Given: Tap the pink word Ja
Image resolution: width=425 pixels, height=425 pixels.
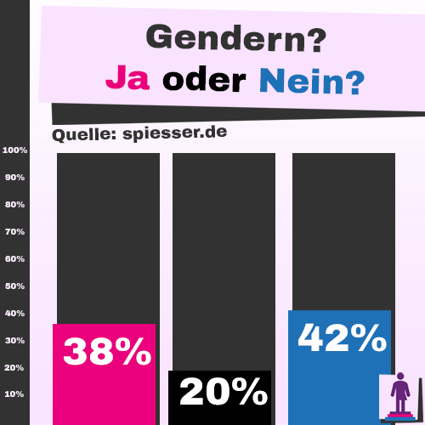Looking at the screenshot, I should [127, 80].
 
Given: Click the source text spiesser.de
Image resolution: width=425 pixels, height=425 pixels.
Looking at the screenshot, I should [169, 134].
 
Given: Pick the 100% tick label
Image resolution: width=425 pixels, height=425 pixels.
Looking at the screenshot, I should [15, 150].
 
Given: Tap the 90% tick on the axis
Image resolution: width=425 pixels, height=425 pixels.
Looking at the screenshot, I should [15, 178].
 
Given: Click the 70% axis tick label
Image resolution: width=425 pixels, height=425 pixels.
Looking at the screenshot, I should [15, 231].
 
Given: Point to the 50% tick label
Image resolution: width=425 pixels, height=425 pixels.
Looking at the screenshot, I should [15, 286].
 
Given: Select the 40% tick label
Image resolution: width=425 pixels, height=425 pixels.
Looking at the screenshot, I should [15, 313].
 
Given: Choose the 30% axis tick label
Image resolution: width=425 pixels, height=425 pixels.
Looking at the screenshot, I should [15, 340].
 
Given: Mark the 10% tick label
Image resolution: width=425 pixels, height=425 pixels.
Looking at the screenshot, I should [15, 394].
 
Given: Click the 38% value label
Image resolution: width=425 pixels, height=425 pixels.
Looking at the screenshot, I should [107, 351].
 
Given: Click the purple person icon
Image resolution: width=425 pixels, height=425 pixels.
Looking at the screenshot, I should [399, 395].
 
